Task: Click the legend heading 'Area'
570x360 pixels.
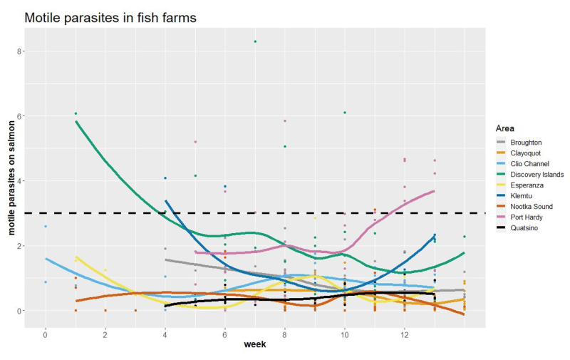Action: pyautogui.click(x=504, y=128)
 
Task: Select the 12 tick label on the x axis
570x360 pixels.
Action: pyautogui.click(x=405, y=334)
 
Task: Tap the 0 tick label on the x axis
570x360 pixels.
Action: pyautogui.click(x=46, y=334)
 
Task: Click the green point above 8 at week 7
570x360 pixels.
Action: pyautogui.click(x=255, y=41)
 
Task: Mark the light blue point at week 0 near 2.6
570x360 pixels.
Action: pyautogui.click(x=46, y=227)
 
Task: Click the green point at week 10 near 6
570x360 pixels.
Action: pyautogui.click(x=345, y=113)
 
